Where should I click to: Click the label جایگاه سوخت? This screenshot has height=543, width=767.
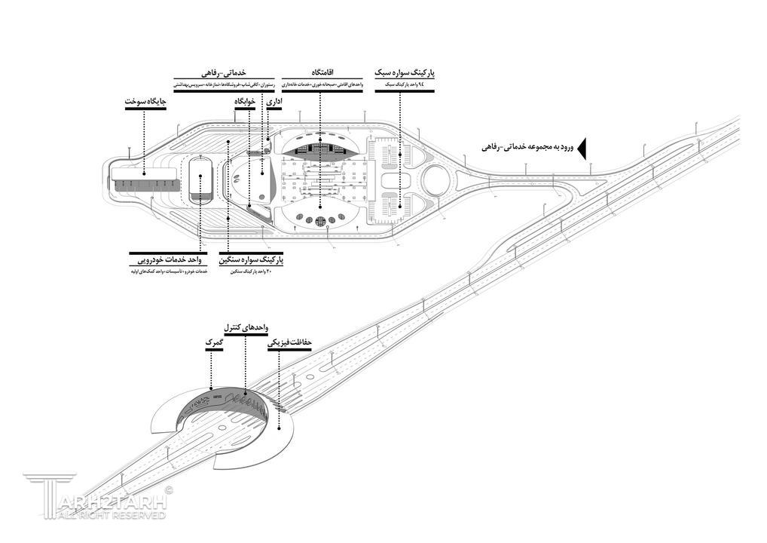(x=145, y=101)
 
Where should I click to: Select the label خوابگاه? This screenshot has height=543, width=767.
(x=246, y=101)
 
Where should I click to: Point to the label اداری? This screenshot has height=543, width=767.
(x=273, y=101)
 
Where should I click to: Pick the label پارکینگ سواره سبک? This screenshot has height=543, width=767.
(x=405, y=72)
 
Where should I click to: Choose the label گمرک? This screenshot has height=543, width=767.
(x=212, y=343)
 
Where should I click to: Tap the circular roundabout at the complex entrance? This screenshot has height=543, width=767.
(x=436, y=179)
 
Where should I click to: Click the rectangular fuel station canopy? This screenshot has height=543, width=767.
(x=145, y=179)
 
